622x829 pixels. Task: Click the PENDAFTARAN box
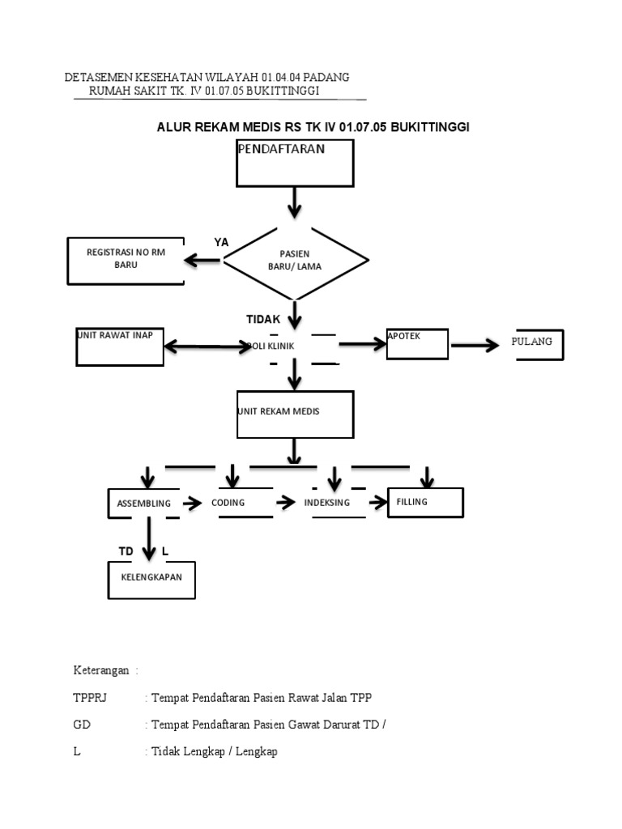pyautogui.click(x=295, y=163)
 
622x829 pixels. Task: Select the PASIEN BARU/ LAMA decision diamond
pyautogui.click(x=295, y=260)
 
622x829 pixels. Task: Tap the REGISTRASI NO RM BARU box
pyautogui.click(x=126, y=260)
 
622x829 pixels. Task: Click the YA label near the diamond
pyautogui.click(x=221, y=243)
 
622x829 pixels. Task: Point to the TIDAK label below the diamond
pyautogui.click(x=263, y=319)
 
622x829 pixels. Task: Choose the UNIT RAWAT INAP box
pyautogui.click(x=120, y=346)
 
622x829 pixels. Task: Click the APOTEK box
pyautogui.click(x=417, y=343)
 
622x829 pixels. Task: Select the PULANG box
pyautogui.click(x=538, y=344)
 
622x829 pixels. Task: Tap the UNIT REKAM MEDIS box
pyautogui.click(x=295, y=414)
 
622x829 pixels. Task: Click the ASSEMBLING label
pyautogui.click(x=144, y=504)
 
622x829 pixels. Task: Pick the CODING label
pyautogui.click(x=228, y=503)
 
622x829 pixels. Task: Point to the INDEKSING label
pyautogui.click(x=327, y=503)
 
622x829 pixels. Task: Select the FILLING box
pyautogui.click(x=425, y=502)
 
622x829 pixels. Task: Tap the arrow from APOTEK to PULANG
pyautogui.click(x=475, y=346)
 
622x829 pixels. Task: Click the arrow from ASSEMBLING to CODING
pyautogui.click(x=192, y=503)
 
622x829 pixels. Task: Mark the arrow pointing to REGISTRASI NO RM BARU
pyautogui.click(x=202, y=260)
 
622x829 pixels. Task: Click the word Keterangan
pyautogui.click(x=101, y=670)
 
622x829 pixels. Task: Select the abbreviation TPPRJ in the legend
pyautogui.click(x=90, y=697)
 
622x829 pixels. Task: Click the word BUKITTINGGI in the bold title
pyautogui.click(x=430, y=127)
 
